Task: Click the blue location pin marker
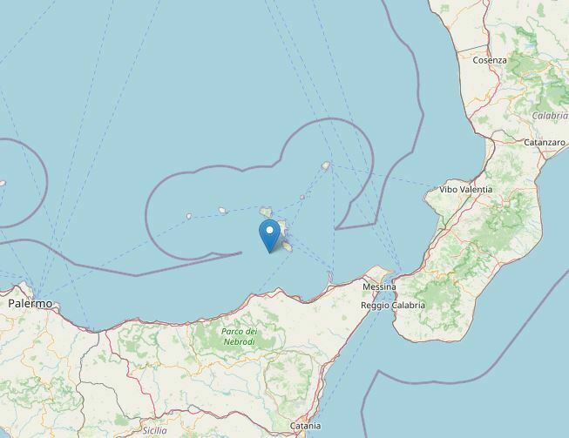coord(270,234)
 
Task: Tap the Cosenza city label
coord(490,60)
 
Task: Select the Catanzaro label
coord(545,142)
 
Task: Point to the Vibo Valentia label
coord(465,189)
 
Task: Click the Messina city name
coord(379,286)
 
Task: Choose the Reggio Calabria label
coord(394,306)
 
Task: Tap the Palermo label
coord(30,304)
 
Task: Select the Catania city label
coord(305,426)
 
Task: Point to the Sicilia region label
coord(154,431)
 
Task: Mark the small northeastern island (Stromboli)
coord(325,165)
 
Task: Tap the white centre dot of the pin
coord(270,231)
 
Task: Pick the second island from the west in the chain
coord(223,210)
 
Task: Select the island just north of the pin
coord(266,212)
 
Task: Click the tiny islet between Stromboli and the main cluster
coord(302,197)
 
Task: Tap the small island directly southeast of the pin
coord(285,246)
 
